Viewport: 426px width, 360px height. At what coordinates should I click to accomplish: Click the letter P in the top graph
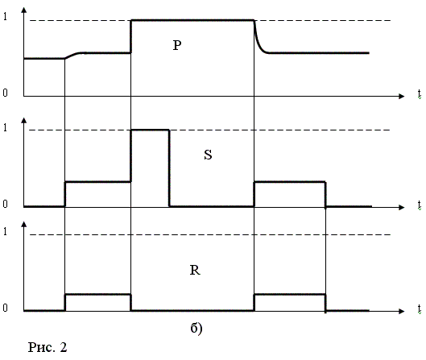pyautogui.click(x=177, y=45)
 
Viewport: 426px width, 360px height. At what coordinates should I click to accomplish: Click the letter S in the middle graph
pyautogui.click(x=208, y=155)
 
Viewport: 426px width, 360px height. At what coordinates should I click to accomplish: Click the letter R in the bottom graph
pyautogui.click(x=195, y=270)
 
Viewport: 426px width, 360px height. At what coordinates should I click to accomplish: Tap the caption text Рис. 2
pyautogui.click(x=48, y=347)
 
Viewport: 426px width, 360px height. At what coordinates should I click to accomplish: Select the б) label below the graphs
pyautogui.click(x=196, y=329)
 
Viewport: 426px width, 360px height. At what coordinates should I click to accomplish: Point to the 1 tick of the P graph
pyautogui.click(x=5, y=16)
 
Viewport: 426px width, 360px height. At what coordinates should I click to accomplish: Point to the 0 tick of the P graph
pyautogui.click(x=5, y=93)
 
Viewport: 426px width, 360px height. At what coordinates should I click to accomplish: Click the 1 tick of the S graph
pyautogui.click(x=5, y=127)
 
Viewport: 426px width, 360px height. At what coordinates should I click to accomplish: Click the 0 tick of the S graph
pyautogui.click(x=5, y=204)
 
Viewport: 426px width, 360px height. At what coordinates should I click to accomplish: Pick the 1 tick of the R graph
pyautogui.click(x=5, y=231)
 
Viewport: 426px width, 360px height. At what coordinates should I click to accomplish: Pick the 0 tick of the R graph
pyautogui.click(x=5, y=308)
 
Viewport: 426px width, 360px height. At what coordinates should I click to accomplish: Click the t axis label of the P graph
pyautogui.click(x=420, y=93)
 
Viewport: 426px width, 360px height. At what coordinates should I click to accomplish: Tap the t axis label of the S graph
pyautogui.click(x=420, y=205)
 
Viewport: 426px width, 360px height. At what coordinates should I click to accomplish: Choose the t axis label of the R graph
pyautogui.click(x=420, y=308)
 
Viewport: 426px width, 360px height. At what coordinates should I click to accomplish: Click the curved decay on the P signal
pyautogui.click(x=258, y=43)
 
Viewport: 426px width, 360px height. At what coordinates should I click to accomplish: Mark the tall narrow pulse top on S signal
pyautogui.click(x=150, y=130)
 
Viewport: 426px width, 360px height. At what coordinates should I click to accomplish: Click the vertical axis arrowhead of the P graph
pyautogui.click(x=24, y=10)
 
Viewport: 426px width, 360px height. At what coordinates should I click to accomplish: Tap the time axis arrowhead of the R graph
pyautogui.click(x=402, y=311)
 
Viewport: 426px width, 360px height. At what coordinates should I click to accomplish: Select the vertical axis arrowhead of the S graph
pyautogui.click(x=24, y=121)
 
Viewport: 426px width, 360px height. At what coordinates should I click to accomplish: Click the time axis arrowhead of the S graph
pyautogui.click(x=402, y=207)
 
